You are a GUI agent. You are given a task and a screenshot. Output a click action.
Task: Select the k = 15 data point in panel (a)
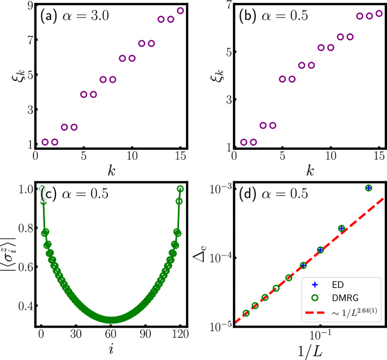point(180,10)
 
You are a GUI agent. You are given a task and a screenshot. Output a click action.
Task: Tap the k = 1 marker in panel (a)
point(45,142)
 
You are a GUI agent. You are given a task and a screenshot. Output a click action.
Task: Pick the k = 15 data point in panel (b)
point(379,13)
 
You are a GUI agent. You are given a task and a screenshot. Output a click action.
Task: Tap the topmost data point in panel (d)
point(368,188)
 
